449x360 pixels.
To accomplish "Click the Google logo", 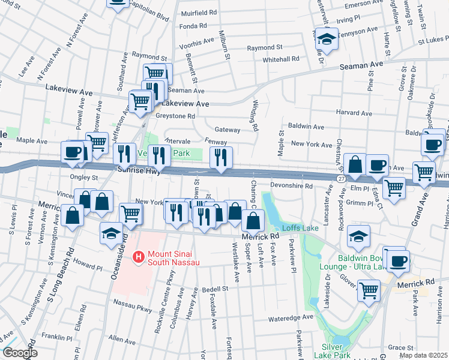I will (19, 353).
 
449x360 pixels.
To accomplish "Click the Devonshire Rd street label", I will (292, 187).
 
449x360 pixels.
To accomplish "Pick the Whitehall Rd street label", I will (280, 59).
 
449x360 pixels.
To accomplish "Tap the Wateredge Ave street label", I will (292, 317).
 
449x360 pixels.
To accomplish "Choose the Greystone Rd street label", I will (175, 116).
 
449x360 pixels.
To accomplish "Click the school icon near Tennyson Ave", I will (327, 40).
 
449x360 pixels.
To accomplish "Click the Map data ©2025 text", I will (423, 355).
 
